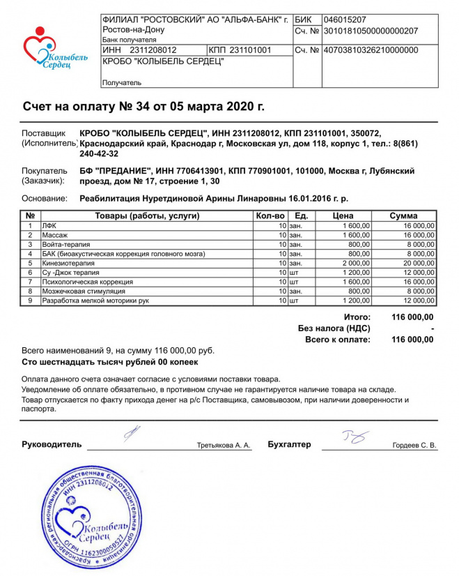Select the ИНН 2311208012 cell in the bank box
pos(139,50)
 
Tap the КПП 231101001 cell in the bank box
pos(240,50)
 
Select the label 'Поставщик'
pos(43,132)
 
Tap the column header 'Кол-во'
pos(270,216)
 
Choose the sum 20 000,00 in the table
pos(415,264)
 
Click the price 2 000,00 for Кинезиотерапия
pos(355,264)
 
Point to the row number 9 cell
pos(30,301)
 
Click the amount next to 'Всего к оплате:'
pos(412,340)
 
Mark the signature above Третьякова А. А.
pos(132,434)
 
